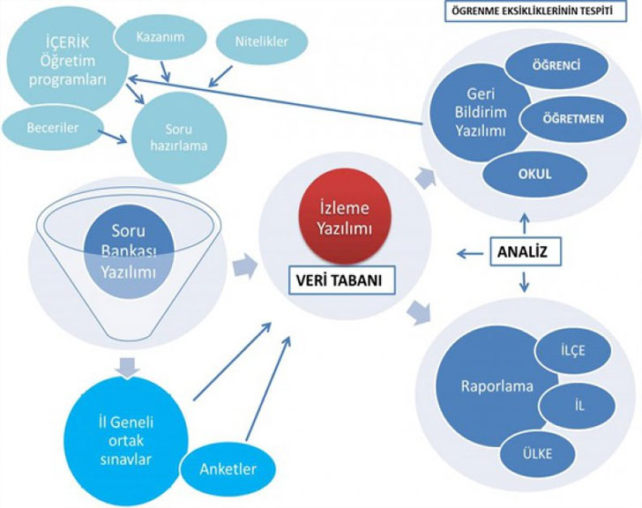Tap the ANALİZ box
[x=521, y=252]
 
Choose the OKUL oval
[x=534, y=173]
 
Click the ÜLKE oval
[x=537, y=453]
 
